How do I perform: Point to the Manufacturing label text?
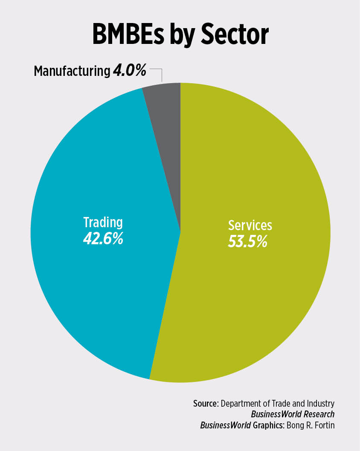tap(72, 71)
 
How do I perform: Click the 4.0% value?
tap(130, 71)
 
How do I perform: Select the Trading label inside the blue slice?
tap(103, 222)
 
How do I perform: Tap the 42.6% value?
tap(103, 238)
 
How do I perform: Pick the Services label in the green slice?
tap(250, 225)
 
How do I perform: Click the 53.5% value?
tap(247, 241)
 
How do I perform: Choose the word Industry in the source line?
tap(321, 404)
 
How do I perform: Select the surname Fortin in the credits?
tap(324, 425)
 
